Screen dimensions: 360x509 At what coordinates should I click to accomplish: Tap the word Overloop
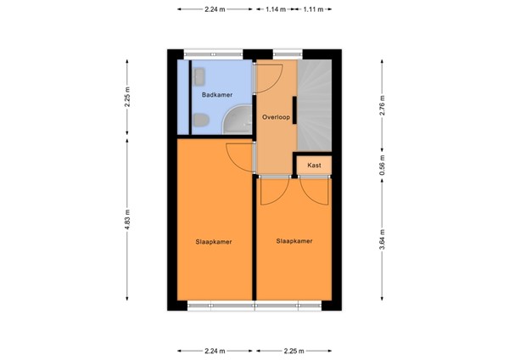(x=276, y=117)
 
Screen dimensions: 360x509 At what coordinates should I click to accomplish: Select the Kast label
(x=314, y=165)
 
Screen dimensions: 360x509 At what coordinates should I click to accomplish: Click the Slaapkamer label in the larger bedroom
(x=214, y=241)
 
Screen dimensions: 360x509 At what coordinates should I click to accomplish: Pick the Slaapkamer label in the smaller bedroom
(x=294, y=241)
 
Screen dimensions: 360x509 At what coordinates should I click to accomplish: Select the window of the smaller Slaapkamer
(x=292, y=304)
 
